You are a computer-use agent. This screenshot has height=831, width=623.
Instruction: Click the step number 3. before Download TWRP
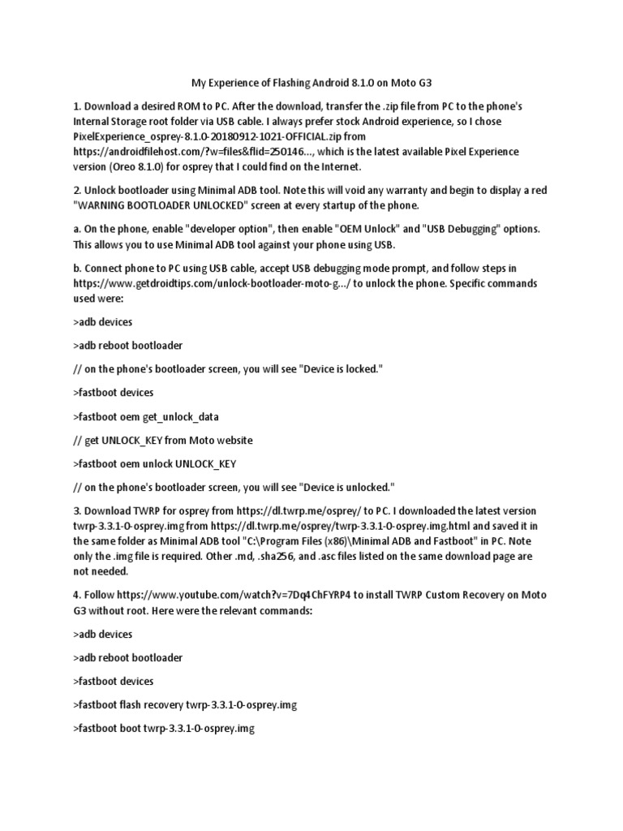77,511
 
